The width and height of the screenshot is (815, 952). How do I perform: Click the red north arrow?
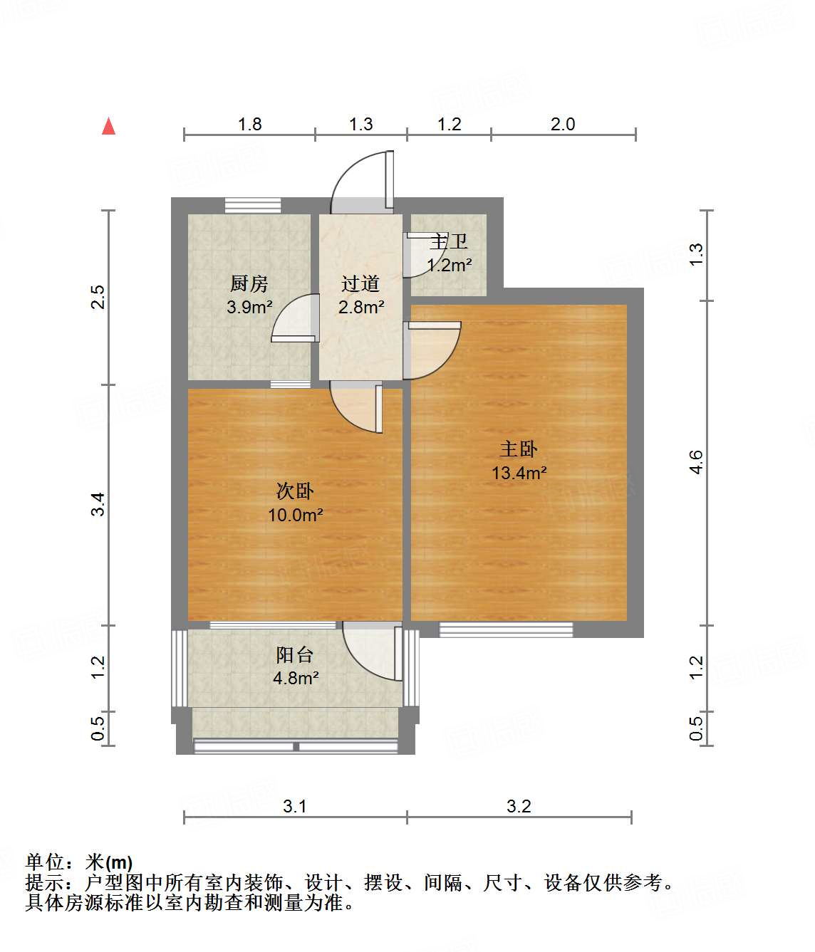coord(108,127)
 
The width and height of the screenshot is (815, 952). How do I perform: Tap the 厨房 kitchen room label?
coord(249,284)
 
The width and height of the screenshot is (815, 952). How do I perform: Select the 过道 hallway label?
coord(360,284)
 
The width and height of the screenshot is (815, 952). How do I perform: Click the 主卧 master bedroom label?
coord(519,449)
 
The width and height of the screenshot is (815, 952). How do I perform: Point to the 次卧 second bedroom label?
coord(295,491)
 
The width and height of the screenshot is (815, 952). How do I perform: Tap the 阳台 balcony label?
coord(295,655)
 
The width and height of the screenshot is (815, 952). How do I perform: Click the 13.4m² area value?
coord(519,473)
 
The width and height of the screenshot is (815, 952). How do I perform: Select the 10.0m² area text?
coord(295,515)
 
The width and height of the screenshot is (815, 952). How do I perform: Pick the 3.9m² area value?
coord(249,308)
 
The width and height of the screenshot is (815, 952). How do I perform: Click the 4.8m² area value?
coord(296,678)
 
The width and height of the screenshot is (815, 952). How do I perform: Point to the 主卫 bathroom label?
coord(449,242)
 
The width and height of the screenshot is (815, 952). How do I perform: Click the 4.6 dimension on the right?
coord(696,462)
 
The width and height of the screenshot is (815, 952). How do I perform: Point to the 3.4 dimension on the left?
coord(98,504)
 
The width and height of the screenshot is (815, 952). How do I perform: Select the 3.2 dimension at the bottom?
coord(519,806)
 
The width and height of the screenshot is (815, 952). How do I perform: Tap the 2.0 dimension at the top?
coord(563,124)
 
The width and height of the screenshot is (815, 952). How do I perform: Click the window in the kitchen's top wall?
coord(253,206)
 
